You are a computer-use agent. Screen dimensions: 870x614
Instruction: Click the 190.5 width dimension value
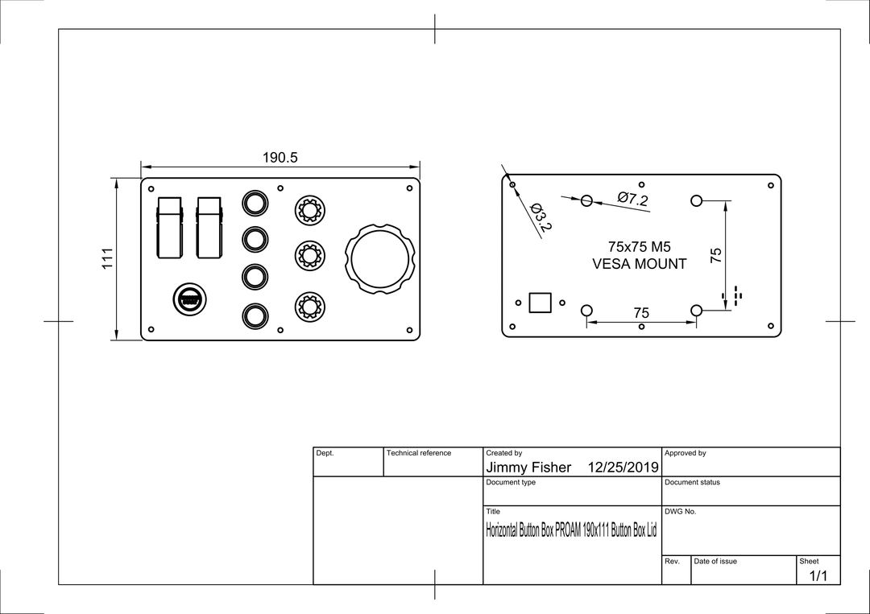click(280, 158)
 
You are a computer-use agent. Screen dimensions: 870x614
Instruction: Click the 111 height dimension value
click(107, 259)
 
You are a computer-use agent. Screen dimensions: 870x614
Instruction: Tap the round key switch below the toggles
click(190, 300)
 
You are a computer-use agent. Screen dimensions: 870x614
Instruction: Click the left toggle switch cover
click(170, 228)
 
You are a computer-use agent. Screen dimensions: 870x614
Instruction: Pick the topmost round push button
click(255, 204)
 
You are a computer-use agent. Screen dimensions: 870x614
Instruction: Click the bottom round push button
click(255, 316)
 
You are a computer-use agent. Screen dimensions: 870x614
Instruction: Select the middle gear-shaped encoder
click(309, 255)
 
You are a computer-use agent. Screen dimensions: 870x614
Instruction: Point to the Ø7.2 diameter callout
click(632, 199)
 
